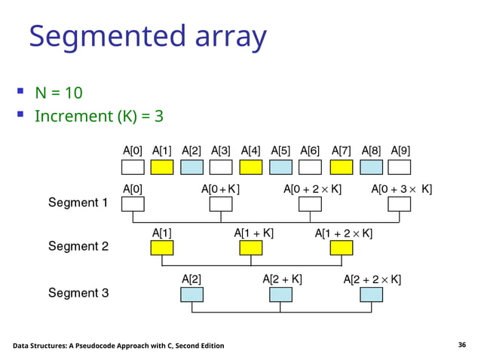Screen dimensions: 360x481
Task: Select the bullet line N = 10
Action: pyautogui.click(x=58, y=93)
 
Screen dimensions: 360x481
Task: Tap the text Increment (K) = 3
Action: pyautogui.click(x=99, y=117)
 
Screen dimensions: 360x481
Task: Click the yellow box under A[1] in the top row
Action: pyautogui.click(x=163, y=166)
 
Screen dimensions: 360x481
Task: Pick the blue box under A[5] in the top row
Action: pyautogui.click(x=280, y=166)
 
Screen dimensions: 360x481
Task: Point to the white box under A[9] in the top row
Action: pyautogui.click(x=400, y=166)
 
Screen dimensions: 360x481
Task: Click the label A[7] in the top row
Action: pyautogui.click(x=341, y=150)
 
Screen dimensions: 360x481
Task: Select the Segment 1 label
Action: pyautogui.click(x=78, y=203)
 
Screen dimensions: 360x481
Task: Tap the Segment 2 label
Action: pyautogui.click(x=78, y=246)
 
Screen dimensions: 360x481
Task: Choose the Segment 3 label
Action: pyautogui.click(x=78, y=292)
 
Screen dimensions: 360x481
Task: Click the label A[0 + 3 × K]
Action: pyautogui.click(x=402, y=189)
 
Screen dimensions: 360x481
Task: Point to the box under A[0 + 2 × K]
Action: pyautogui.click(x=310, y=203)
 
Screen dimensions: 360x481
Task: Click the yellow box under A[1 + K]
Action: pyautogui.click(x=251, y=248)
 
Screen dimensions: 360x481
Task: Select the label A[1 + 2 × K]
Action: pyautogui.click(x=342, y=233)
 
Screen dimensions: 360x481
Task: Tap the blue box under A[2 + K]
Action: pyautogui.click(x=280, y=294)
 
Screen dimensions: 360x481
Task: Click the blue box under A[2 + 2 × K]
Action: pyautogui.click(x=371, y=294)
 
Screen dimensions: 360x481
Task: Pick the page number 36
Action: pyautogui.click(x=462, y=345)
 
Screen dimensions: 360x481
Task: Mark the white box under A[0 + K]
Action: pyautogui.click(x=220, y=203)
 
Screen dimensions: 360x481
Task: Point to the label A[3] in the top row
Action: pyautogui.click(x=221, y=150)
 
